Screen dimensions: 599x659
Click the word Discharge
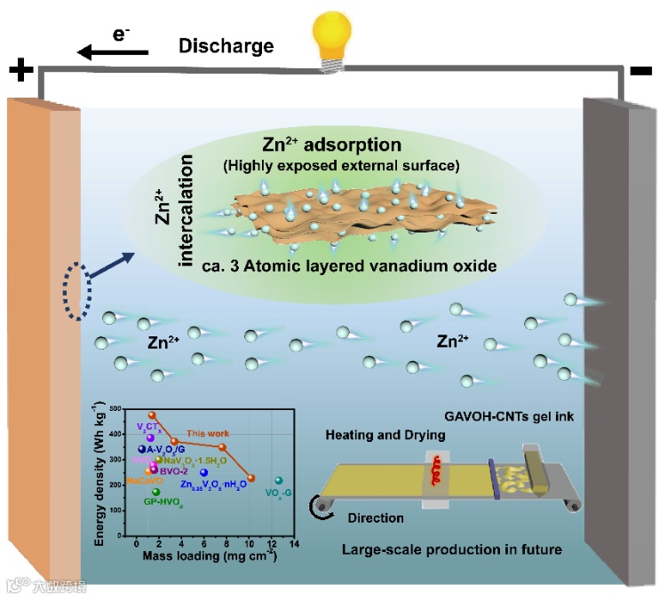[226, 45]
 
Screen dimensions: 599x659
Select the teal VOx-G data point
[278, 481]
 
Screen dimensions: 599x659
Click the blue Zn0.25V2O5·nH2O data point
[204, 472]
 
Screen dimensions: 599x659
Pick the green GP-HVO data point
[156, 492]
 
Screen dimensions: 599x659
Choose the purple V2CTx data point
[150, 437]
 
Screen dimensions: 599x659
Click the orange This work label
[204, 432]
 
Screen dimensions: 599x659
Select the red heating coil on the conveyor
[436, 470]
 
